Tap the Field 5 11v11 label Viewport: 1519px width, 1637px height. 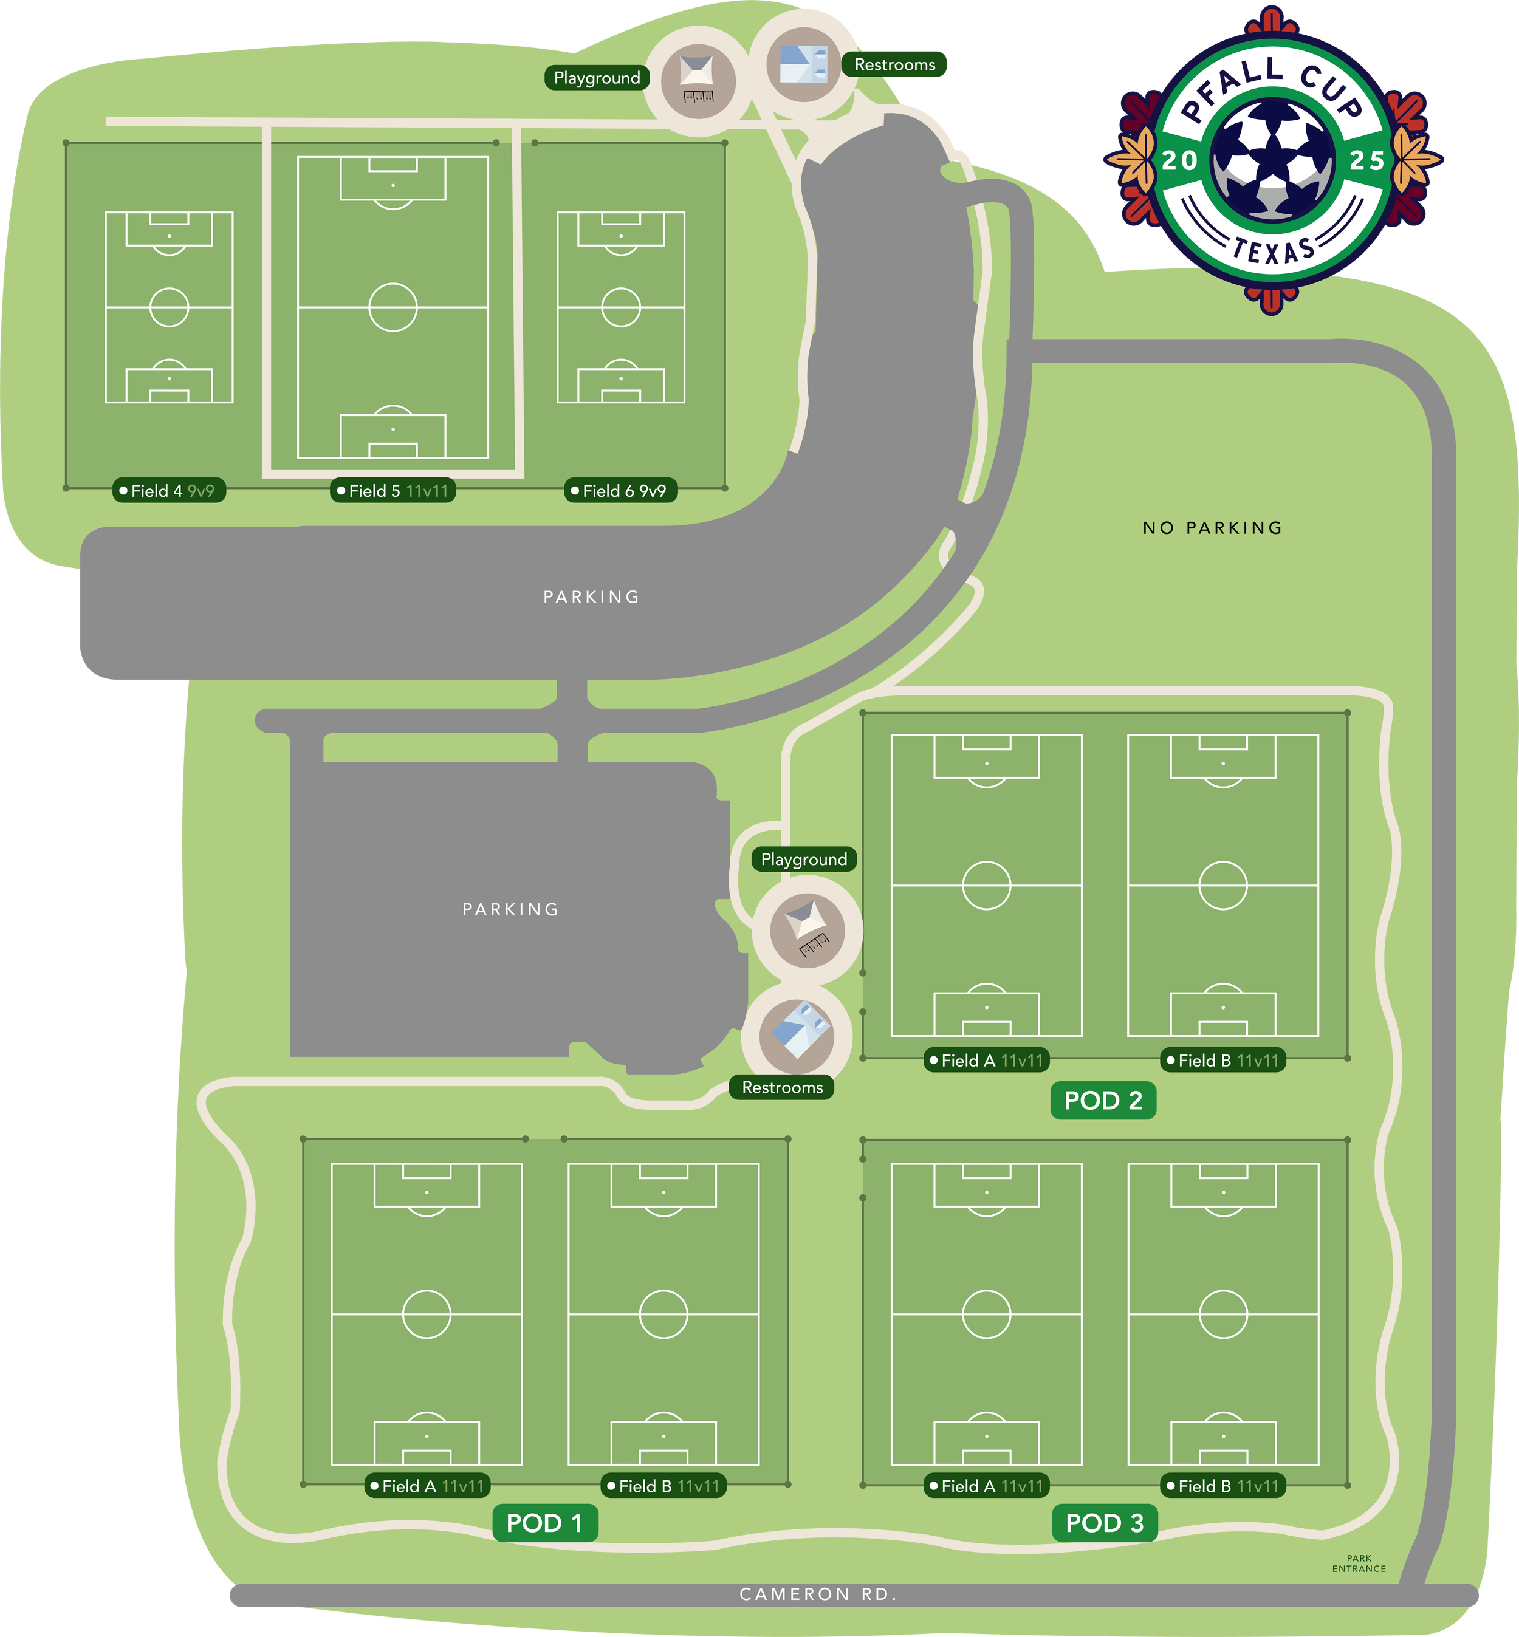(x=393, y=491)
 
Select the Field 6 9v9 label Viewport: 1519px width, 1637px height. (x=620, y=491)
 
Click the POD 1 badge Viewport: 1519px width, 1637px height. (x=545, y=1523)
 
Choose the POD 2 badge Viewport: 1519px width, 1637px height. (x=1103, y=1101)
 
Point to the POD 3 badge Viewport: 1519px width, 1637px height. (x=1105, y=1523)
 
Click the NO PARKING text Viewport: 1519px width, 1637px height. (x=1212, y=528)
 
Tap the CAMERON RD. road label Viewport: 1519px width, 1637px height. (x=818, y=1594)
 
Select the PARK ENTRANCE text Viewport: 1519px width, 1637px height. (x=1359, y=1563)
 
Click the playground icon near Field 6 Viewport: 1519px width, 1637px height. (x=698, y=81)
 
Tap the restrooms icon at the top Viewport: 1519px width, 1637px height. (x=803, y=64)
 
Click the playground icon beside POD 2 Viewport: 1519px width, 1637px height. (x=807, y=930)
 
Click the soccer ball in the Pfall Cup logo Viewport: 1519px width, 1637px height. (x=1272, y=159)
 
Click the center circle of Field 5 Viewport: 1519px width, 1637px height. (x=393, y=307)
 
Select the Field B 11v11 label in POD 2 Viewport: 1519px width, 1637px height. (x=1223, y=1060)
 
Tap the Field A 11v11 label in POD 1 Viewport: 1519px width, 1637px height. (x=427, y=1486)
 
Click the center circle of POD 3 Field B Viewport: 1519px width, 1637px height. (x=1223, y=1314)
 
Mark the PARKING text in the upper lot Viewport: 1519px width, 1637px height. (x=592, y=596)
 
